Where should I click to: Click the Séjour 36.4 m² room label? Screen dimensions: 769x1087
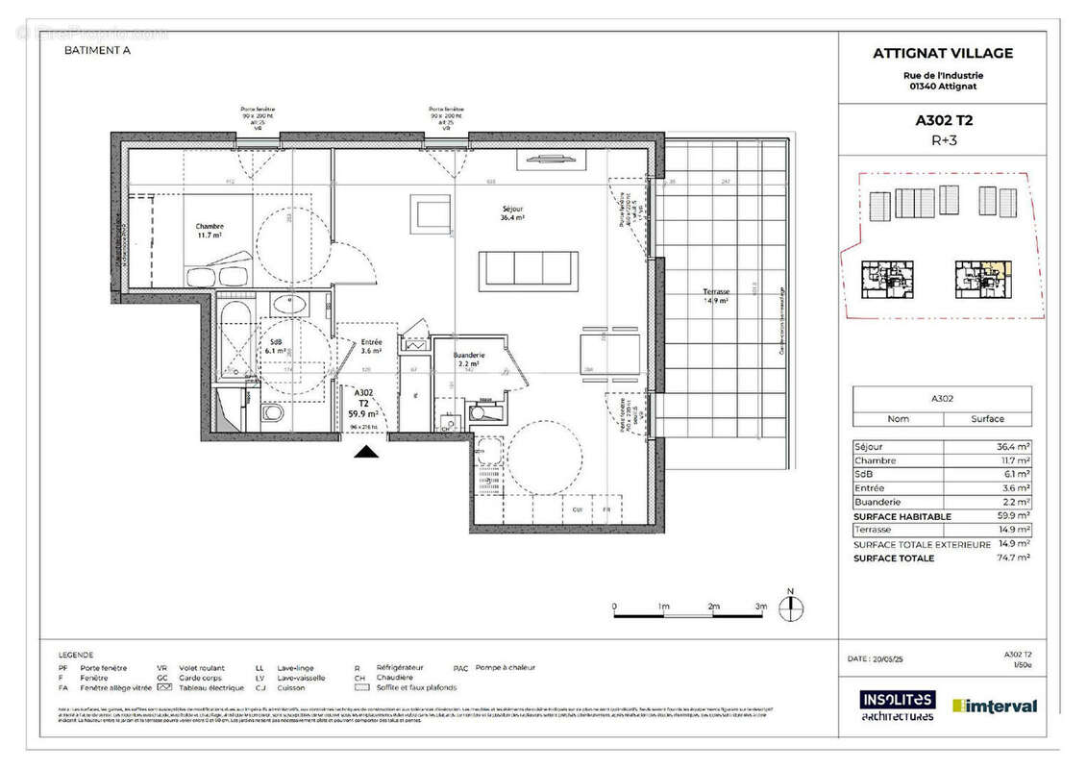point(510,213)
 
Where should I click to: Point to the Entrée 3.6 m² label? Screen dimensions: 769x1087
point(372,347)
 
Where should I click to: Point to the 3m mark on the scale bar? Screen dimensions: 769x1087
point(761,608)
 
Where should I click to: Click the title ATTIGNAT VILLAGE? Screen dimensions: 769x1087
point(942,54)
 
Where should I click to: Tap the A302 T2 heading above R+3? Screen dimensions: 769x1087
point(942,121)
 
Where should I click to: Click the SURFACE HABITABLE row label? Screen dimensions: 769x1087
point(902,516)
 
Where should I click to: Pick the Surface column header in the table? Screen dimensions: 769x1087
point(987,419)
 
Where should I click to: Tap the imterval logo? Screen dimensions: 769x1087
point(994,706)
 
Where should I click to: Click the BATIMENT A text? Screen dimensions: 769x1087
point(97,52)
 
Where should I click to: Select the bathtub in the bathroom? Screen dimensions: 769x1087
point(235,341)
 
